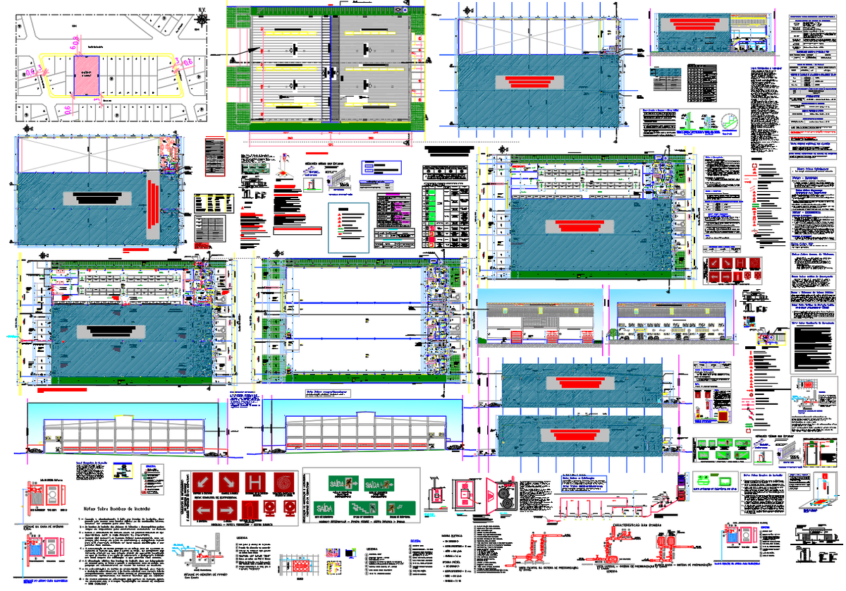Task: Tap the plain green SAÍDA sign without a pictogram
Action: pos(325,508)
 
